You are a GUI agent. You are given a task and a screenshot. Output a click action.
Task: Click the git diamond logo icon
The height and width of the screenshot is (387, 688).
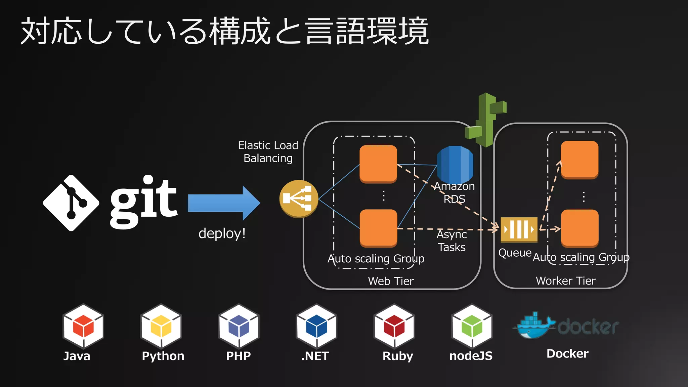71,203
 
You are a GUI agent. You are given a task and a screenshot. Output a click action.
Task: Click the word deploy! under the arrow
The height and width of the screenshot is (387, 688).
222,233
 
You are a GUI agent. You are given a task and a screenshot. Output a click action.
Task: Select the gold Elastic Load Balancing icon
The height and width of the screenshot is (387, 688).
299,199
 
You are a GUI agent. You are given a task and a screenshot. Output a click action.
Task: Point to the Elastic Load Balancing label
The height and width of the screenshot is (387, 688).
268,152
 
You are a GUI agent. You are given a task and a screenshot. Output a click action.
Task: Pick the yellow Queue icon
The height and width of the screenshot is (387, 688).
519,229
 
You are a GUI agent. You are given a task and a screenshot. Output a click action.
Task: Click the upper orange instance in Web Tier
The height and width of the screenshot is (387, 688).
378,164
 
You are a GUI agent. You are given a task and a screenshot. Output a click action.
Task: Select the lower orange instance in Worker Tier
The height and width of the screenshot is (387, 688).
579,228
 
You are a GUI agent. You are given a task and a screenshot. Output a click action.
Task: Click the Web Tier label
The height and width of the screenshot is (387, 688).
391,281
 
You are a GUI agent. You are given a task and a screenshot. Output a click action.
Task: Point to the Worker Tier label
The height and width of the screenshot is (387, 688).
566,281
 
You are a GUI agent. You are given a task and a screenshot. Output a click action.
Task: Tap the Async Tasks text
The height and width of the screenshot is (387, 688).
451,241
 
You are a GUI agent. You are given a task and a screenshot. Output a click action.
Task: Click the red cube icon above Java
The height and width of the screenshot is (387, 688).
83,326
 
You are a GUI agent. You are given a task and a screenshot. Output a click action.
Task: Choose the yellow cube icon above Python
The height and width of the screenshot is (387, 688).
161,326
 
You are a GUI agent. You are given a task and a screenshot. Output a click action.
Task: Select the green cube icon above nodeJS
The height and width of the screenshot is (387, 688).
472,326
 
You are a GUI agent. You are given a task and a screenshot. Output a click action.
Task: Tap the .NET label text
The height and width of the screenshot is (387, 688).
315,356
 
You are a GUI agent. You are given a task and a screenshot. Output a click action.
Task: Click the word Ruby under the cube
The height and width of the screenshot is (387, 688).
397,356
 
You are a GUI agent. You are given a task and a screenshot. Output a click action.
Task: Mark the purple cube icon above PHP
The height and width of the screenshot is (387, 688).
239,326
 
